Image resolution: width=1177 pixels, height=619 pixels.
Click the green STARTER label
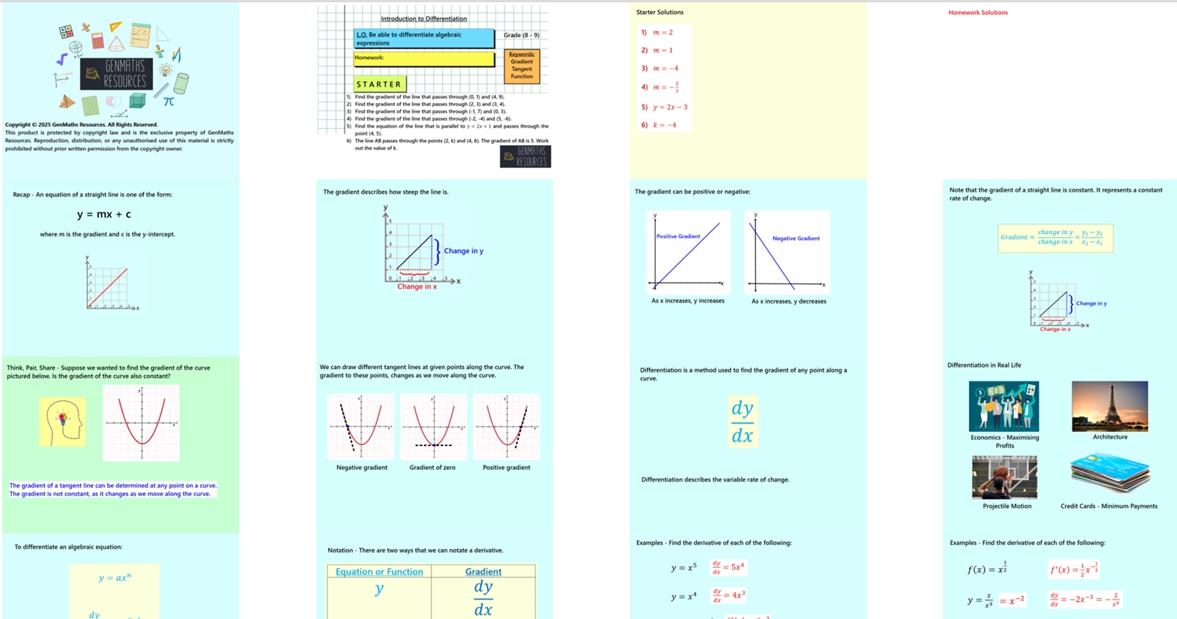[379, 84]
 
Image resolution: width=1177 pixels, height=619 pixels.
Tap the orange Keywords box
[522, 66]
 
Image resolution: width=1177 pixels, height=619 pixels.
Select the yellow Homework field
[423, 58]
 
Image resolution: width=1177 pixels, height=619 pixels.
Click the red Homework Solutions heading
[977, 13]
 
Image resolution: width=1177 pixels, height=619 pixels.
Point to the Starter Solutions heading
[660, 13]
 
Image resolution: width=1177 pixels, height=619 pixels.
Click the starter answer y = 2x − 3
[665, 107]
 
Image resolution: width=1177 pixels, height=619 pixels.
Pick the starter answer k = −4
[660, 125]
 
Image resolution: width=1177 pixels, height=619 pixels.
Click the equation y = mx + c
[104, 215]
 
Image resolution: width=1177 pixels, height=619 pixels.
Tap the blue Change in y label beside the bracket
[463, 251]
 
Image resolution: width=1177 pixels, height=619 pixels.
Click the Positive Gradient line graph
[688, 252]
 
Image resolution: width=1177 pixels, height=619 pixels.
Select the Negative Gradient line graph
[787, 252]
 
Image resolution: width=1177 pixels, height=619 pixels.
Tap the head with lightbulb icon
[63, 421]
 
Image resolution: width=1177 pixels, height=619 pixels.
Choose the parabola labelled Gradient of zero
[433, 427]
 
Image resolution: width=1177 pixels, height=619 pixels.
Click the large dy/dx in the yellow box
[742, 421]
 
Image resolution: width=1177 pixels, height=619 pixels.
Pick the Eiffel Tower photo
[1109, 406]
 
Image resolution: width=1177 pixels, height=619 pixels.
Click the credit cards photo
[1109, 474]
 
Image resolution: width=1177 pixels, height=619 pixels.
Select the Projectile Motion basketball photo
[1004, 477]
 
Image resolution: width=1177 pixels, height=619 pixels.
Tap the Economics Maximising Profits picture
[1003, 406]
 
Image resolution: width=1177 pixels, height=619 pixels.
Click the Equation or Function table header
[379, 572]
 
